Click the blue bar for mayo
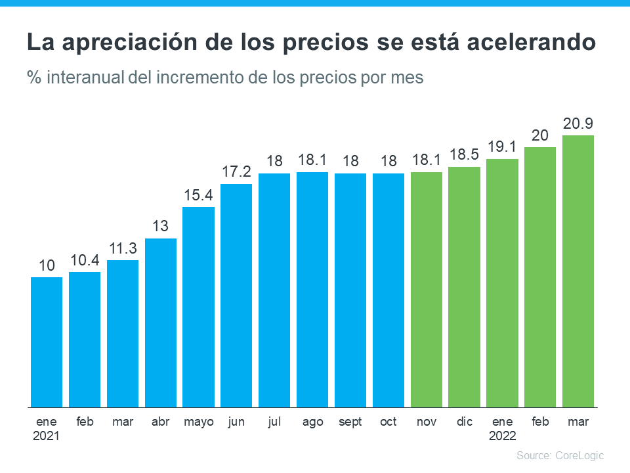click(x=198, y=307)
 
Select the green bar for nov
click(x=427, y=289)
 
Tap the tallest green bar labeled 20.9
click(x=578, y=271)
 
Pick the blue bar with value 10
click(x=47, y=342)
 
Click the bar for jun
click(x=236, y=295)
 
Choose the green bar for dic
click(x=465, y=286)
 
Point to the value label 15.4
click(x=198, y=196)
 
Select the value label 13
click(x=160, y=227)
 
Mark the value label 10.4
click(x=85, y=261)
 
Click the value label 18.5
click(x=465, y=156)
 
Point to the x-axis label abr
click(x=160, y=422)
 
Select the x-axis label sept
click(x=350, y=422)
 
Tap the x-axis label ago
click(x=312, y=422)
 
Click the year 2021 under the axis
click(x=47, y=436)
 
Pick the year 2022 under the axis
click(x=503, y=436)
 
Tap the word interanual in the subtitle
click(x=87, y=78)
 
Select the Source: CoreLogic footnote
click(x=560, y=455)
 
